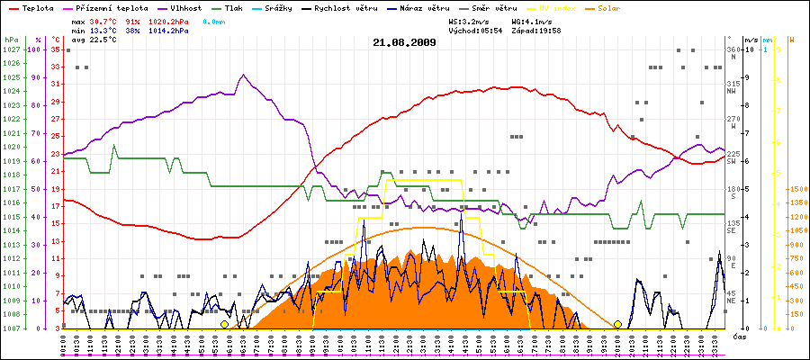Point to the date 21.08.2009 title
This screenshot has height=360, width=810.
click(x=404, y=42)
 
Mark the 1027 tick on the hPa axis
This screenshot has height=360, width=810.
click(x=11, y=49)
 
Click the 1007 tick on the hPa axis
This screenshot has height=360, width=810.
click(x=11, y=328)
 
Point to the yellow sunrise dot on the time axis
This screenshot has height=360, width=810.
click(x=224, y=324)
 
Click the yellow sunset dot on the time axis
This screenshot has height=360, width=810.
click(x=617, y=324)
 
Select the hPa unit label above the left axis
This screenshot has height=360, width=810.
click(x=11, y=40)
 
